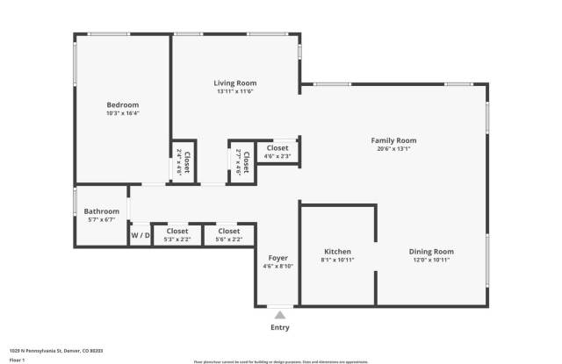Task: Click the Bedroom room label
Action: click(122, 105)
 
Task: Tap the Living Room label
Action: click(234, 82)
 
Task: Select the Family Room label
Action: click(393, 140)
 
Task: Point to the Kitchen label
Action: click(338, 252)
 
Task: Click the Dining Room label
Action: click(431, 252)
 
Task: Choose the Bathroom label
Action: click(101, 211)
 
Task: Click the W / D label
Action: click(140, 235)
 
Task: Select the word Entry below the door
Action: click(279, 328)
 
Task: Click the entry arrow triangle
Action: click(279, 314)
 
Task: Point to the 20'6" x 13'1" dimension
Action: click(393, 149)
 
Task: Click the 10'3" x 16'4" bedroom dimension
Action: click(122, 113)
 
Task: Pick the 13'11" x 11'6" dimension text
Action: click(234, 91)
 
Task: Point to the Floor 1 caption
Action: click(17, 360)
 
